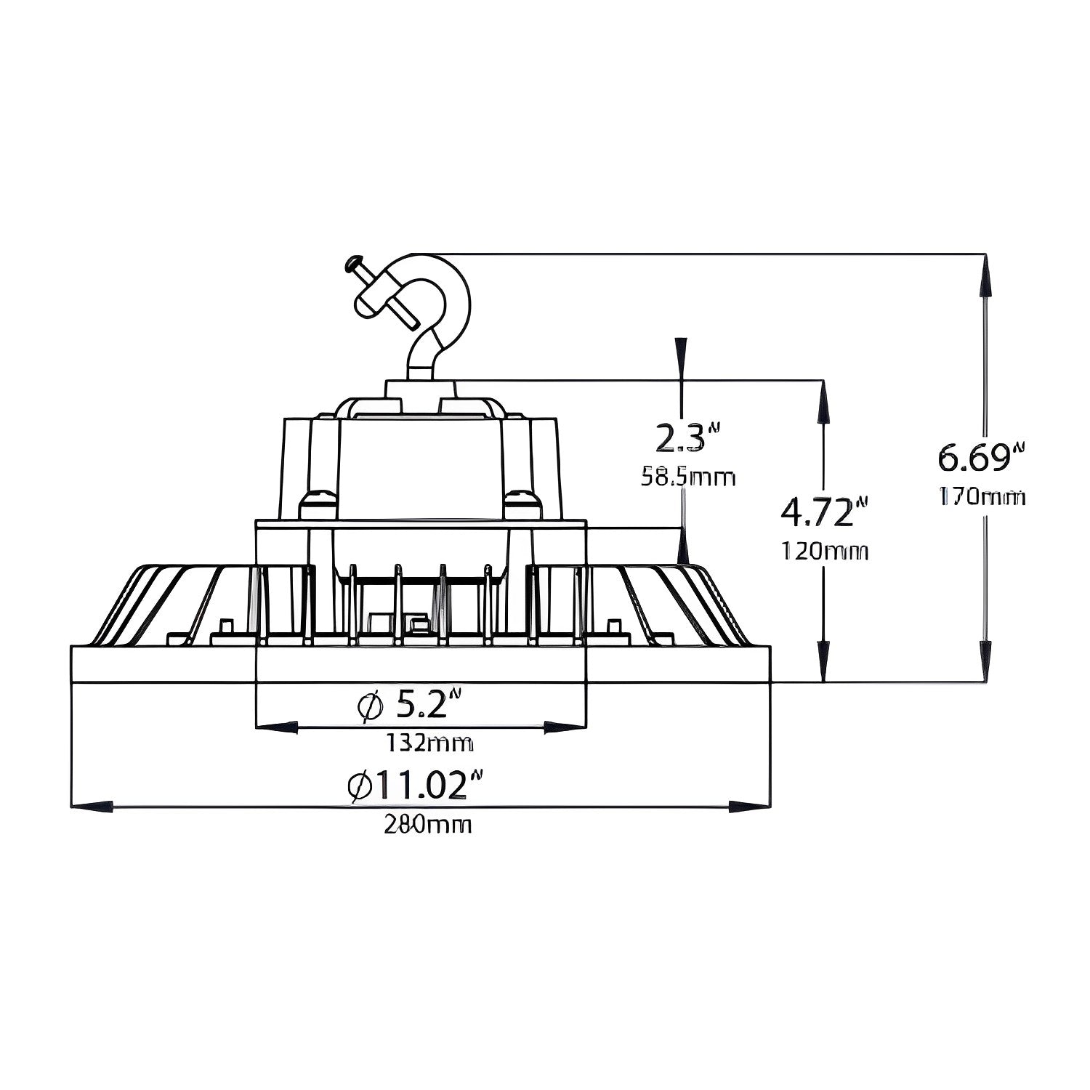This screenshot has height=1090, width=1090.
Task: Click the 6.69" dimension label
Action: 980,459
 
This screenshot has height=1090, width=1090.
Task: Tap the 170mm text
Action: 982,498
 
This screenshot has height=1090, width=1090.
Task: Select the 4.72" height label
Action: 824,512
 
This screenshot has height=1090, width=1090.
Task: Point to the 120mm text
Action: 824,552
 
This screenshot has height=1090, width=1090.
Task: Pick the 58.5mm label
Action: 687,477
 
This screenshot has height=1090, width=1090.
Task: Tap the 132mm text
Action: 429,743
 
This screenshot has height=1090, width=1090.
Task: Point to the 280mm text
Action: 427,825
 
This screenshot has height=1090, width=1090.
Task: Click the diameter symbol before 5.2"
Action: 370,706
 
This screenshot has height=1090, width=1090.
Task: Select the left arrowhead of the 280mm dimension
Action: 92,807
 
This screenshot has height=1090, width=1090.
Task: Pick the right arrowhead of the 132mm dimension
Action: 565,727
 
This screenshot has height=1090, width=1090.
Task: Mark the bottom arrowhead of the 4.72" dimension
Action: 823,661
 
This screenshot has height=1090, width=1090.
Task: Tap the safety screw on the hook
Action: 378,291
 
